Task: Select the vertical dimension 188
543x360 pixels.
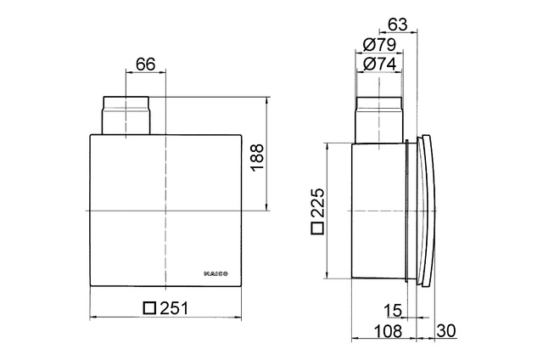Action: click(258, 157)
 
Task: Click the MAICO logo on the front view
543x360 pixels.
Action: click(221, 273)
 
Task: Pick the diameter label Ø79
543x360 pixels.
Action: click(378, 44)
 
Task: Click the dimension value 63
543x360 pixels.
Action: click(395, 25)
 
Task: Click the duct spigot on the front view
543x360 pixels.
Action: click(126, 115)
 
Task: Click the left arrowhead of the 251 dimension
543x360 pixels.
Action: click(92, 319)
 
